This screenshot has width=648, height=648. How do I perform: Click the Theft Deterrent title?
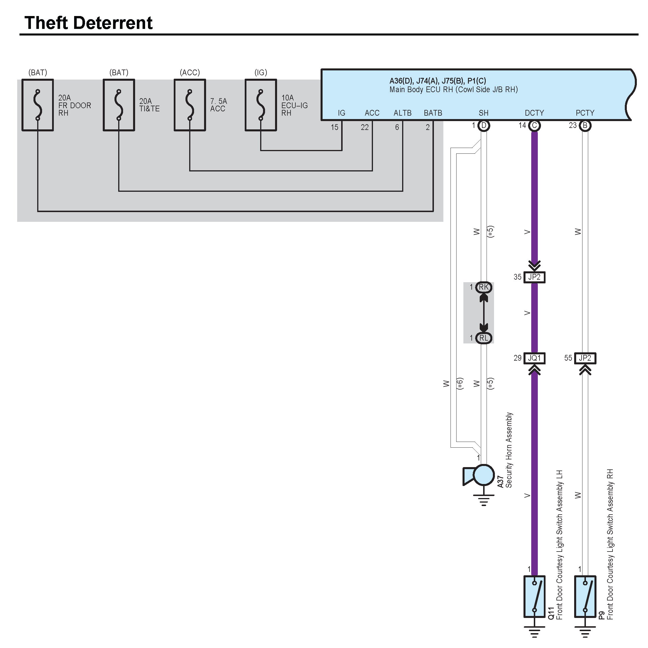[x=88, y=23]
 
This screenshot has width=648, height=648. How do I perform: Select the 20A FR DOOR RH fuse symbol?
[x=37, y=105]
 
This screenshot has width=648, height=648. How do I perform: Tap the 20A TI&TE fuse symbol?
[x=119, y=105]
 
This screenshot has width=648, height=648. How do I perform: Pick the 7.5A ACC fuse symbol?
[x=190, y=105]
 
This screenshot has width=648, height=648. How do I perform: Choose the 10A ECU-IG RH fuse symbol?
[x=261, y=105]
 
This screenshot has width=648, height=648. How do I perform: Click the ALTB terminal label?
[x=402, y=113]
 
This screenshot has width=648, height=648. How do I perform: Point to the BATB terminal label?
[x=433, y=113]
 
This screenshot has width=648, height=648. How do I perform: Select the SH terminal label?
[x=483, y=113]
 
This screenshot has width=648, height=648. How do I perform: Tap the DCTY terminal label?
[x=534, y=113]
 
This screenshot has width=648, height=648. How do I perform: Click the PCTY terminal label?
[x=585, y=113]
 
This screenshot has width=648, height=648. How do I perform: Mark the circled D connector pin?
[x=484, y=126]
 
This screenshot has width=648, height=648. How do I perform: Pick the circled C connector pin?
[x=534, y=126]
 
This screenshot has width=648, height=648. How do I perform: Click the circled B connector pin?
[x=585, y=126]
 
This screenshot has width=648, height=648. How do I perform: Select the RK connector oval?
[x=484, y=287]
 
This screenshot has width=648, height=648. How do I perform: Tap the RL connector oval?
[x=484, y=338]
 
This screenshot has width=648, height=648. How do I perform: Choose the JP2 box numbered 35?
[x=534, y=277]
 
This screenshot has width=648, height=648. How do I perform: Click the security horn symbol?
[x=480, y=475]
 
